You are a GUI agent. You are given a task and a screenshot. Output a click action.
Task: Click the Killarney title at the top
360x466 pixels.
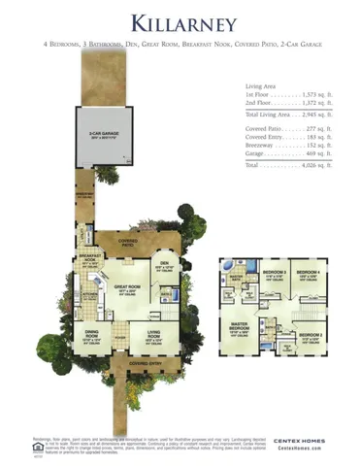[x=180, y=21]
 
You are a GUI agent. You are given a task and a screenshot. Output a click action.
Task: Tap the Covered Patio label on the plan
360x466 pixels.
[x=128, y=241]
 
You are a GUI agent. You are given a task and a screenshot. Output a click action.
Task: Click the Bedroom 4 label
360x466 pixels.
[x=308, y=271]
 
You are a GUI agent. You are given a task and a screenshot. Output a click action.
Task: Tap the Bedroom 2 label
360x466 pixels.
[x=311, y=335]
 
